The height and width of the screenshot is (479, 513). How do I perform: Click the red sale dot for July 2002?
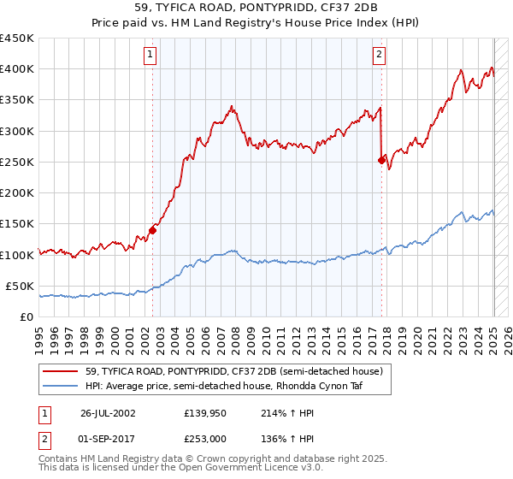click(x=153, y=229)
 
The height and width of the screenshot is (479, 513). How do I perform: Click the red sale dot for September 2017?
click(x=381, y=159)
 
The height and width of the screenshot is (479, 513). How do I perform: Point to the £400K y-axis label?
click(x=17, y=69)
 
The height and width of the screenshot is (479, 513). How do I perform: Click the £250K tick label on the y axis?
click(x=17, y=162)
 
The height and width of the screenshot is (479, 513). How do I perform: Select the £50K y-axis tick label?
click(x=21, y=286)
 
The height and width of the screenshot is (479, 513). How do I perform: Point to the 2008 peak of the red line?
click(x=232, y=106)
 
